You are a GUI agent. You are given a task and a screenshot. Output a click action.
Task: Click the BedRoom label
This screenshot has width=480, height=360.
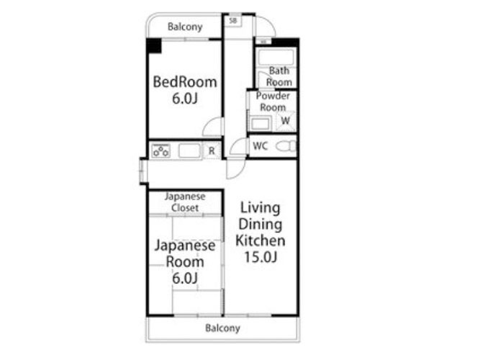[185, 82]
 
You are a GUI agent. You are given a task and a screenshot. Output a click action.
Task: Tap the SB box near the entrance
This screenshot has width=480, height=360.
[233, 21]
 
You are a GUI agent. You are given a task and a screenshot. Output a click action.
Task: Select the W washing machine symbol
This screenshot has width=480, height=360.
[285, 121]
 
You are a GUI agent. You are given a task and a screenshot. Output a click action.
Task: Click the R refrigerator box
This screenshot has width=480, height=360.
[212, 150]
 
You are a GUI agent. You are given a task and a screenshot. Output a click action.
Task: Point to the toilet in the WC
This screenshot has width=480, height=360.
[286, 146]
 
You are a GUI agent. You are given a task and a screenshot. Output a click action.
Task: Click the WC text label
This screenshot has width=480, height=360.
[261, 146]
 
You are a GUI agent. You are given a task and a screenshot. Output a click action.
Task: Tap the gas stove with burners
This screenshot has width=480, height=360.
[160, 150]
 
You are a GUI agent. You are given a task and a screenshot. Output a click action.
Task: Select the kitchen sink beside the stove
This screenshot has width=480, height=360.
[189, 150]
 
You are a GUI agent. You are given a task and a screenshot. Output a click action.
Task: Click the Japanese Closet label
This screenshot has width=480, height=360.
[185, 202]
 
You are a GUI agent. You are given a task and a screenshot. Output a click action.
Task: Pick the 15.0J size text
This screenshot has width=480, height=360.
[261, 257]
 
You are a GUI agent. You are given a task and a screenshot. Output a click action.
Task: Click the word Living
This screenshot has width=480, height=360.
[260, 208]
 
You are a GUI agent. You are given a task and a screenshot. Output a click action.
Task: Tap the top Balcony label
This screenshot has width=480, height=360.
[185, 27]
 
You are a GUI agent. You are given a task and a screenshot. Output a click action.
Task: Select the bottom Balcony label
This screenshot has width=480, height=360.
[222, 328]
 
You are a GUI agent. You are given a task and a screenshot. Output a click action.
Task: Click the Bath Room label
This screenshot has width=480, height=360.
[279, 76]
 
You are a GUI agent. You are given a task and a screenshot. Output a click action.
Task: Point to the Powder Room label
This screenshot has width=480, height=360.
[273, 102]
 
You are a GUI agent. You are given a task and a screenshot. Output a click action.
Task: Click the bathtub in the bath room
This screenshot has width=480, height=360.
[276, 57]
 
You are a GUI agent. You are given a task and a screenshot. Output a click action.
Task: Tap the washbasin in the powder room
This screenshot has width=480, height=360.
[261, 124]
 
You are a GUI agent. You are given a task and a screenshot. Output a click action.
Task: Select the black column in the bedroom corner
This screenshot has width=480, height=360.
[154, 45]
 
